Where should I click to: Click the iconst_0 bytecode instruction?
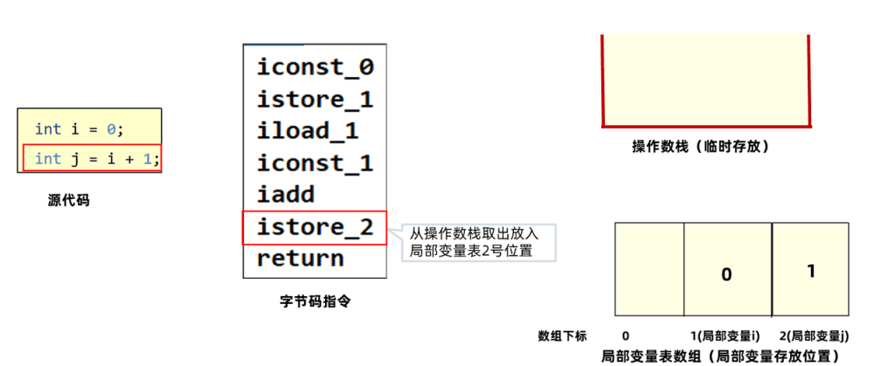[315, 67]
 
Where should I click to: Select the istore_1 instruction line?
[315, 99]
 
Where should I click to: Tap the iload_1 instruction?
[307, 131]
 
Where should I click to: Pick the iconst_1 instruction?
[315, 162]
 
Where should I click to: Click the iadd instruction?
[285, 195]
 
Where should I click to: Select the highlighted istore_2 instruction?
[315, 227]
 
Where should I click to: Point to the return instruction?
[300, 259]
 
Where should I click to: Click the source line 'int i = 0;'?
[80, 129]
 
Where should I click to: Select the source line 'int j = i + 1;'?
[92, 158]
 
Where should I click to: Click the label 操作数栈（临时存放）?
[701, 147]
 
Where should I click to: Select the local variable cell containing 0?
[726, 270]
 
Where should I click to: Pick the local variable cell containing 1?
[810, 270]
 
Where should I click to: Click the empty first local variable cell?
[649, 270]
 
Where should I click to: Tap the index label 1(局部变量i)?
[725, 335]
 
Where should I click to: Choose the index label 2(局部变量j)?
[814, 335]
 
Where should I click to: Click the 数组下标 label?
[562, 335]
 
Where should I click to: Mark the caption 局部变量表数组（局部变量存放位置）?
[720, 356]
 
